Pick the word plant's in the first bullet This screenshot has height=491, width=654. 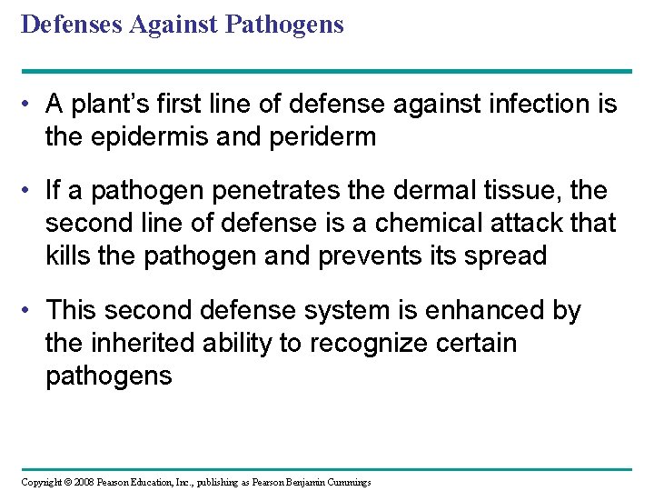(117, 105)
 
